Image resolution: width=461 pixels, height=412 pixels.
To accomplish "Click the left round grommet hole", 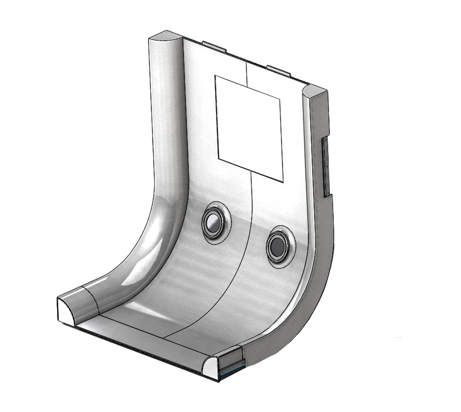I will click(211, 222).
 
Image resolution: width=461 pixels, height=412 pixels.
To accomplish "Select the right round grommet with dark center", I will click(277, 247).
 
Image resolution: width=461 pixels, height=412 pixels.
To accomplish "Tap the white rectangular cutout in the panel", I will click(249, 127).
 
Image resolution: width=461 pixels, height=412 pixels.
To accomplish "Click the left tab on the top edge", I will click(214, 46).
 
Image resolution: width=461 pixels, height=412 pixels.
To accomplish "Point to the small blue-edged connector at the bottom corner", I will click(231, 371).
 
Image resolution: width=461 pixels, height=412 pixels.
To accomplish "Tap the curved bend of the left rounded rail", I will click(154, 242).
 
